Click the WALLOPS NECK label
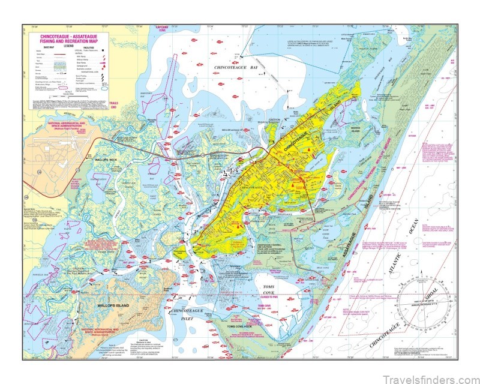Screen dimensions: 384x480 [x=108, y=160]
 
